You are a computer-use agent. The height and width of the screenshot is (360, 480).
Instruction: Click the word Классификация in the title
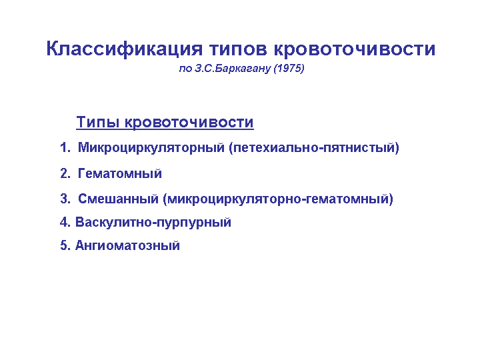124,49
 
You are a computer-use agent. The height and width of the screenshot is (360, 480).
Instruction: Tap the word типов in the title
238,49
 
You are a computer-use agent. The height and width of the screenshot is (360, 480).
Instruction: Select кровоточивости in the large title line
355,49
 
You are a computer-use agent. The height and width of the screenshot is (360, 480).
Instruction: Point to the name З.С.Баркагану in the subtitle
233,69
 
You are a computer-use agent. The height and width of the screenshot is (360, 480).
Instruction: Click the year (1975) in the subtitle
289,69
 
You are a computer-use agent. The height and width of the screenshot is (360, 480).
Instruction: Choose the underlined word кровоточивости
189,123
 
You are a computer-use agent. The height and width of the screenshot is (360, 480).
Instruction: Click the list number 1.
65,147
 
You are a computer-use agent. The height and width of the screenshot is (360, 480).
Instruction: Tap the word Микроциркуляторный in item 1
151,148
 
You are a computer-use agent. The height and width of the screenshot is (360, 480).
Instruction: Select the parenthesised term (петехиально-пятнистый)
314,148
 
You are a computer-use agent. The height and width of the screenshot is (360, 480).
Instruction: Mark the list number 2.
65,173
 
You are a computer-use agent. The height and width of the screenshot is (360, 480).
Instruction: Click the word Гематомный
120,173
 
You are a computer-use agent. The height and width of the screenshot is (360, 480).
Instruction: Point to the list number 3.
65,199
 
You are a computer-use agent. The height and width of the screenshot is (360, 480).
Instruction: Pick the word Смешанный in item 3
118,199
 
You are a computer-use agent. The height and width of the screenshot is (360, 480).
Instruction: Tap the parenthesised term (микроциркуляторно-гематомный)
278,199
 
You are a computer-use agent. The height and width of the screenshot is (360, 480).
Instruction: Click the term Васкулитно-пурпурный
153,223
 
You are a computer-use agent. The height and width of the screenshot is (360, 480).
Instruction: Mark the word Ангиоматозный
127,245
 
